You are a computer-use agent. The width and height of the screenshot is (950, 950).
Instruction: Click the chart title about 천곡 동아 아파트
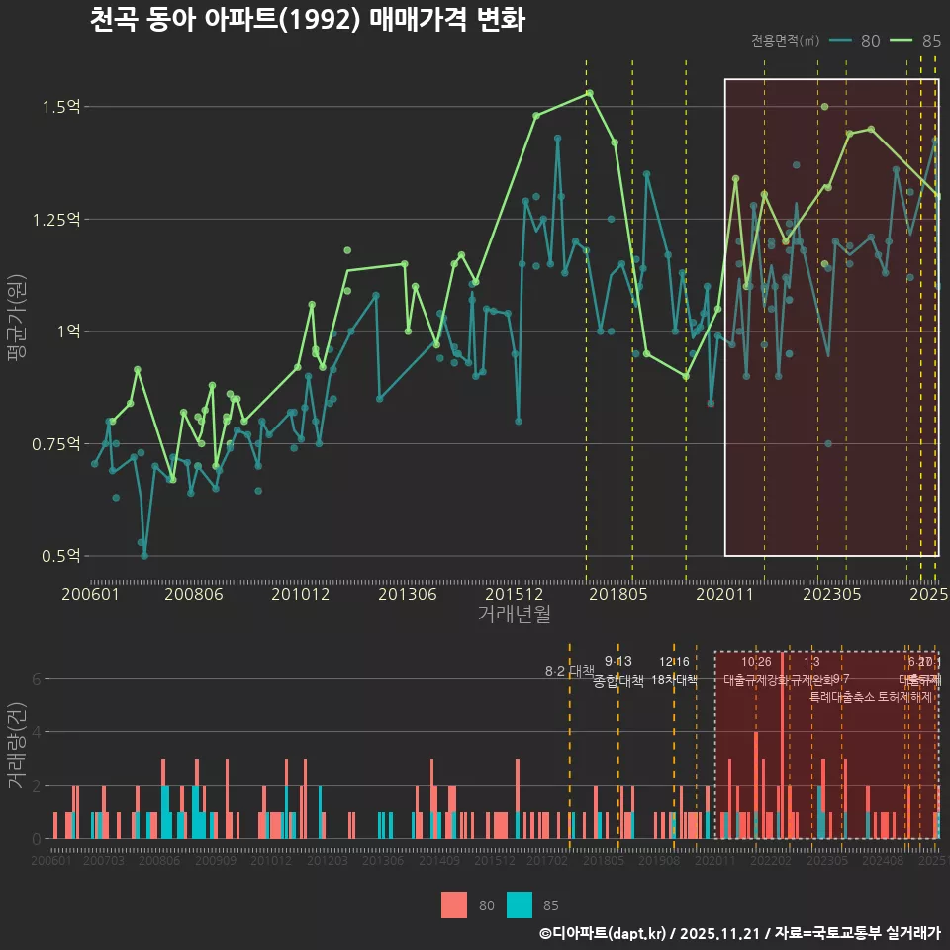tap(307, 20)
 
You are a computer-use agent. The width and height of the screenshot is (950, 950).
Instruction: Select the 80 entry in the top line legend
tap(870, 41)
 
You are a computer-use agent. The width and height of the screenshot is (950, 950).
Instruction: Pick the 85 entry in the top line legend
tap(930, 41)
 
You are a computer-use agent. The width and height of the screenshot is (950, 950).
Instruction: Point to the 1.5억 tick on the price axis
tap(61, 106)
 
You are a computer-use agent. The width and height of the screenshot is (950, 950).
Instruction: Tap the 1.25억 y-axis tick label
tap(55, 219)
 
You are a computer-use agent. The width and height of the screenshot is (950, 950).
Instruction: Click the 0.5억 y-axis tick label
tap(61, 556)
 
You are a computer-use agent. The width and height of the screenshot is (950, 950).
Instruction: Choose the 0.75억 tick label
tap(55, 443)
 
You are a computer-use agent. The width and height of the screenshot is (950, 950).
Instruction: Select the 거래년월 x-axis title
tap(514, 614)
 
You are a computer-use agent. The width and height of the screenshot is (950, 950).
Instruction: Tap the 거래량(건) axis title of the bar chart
tap(16, 745)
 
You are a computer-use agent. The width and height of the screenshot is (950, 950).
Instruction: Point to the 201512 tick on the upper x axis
tap(514, 594)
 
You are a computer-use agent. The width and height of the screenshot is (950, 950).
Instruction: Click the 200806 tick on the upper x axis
tap(193, 594)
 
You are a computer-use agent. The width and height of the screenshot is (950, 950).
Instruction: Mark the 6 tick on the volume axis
tap(36, 679)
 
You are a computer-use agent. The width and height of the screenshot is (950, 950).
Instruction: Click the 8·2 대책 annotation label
tap(569, 671)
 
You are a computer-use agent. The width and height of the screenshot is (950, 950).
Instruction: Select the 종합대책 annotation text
tap(618, 680)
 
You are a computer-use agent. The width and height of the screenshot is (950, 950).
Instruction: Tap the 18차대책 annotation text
tap(675, 679)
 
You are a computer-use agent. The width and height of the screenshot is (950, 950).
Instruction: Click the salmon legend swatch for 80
tap(454, 904)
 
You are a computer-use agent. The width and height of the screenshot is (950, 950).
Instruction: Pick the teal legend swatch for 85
tap(520, 904)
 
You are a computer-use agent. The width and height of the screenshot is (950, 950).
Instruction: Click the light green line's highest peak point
tap(589, 93)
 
